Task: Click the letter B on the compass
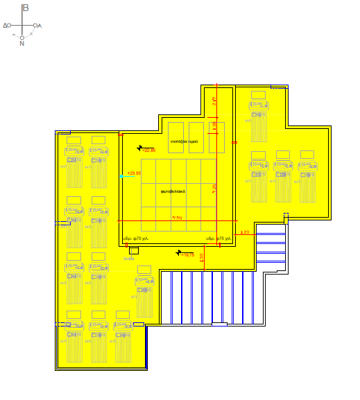click(26, 8)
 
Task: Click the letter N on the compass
click(22, 43)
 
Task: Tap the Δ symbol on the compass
click(6, 25)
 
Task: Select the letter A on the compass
click(40, 26)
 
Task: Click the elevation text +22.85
click(149, 150)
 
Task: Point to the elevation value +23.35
click(134, 173)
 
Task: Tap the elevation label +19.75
click(187, 255)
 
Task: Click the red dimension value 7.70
click(178, 218)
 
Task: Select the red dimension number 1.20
click(244, 232)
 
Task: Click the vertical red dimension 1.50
click(202, 257)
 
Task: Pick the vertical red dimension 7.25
click(214, 187)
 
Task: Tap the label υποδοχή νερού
click(187, 141)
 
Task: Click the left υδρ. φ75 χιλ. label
click(136, 238)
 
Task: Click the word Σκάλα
click(129, 258)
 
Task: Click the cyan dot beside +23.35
click(121, 177)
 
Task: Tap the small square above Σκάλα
click(134, 250)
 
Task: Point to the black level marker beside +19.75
click(179, 252)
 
